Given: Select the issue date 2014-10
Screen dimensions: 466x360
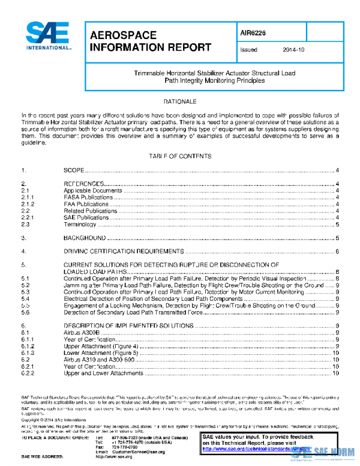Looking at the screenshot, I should [x=293, y=50].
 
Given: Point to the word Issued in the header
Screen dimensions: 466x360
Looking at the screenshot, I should [x=248, y=50].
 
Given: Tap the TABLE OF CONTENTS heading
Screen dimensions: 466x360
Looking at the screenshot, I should [x=179, y=156].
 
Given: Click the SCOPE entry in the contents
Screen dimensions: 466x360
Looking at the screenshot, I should [x=74, y=171].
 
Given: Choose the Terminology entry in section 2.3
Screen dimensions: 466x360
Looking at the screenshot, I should [x=80, y=225].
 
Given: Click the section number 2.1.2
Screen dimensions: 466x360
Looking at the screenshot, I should [x=28, y=204].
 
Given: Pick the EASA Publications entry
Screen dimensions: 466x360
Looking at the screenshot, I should [x=88, y=197].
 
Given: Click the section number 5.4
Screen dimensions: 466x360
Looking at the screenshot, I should [x=25, y=298].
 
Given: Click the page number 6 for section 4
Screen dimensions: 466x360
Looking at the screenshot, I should [x=338, y=251].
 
